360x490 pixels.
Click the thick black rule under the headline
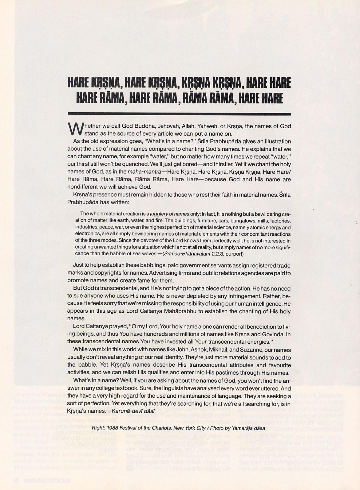(x=179, y=114)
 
